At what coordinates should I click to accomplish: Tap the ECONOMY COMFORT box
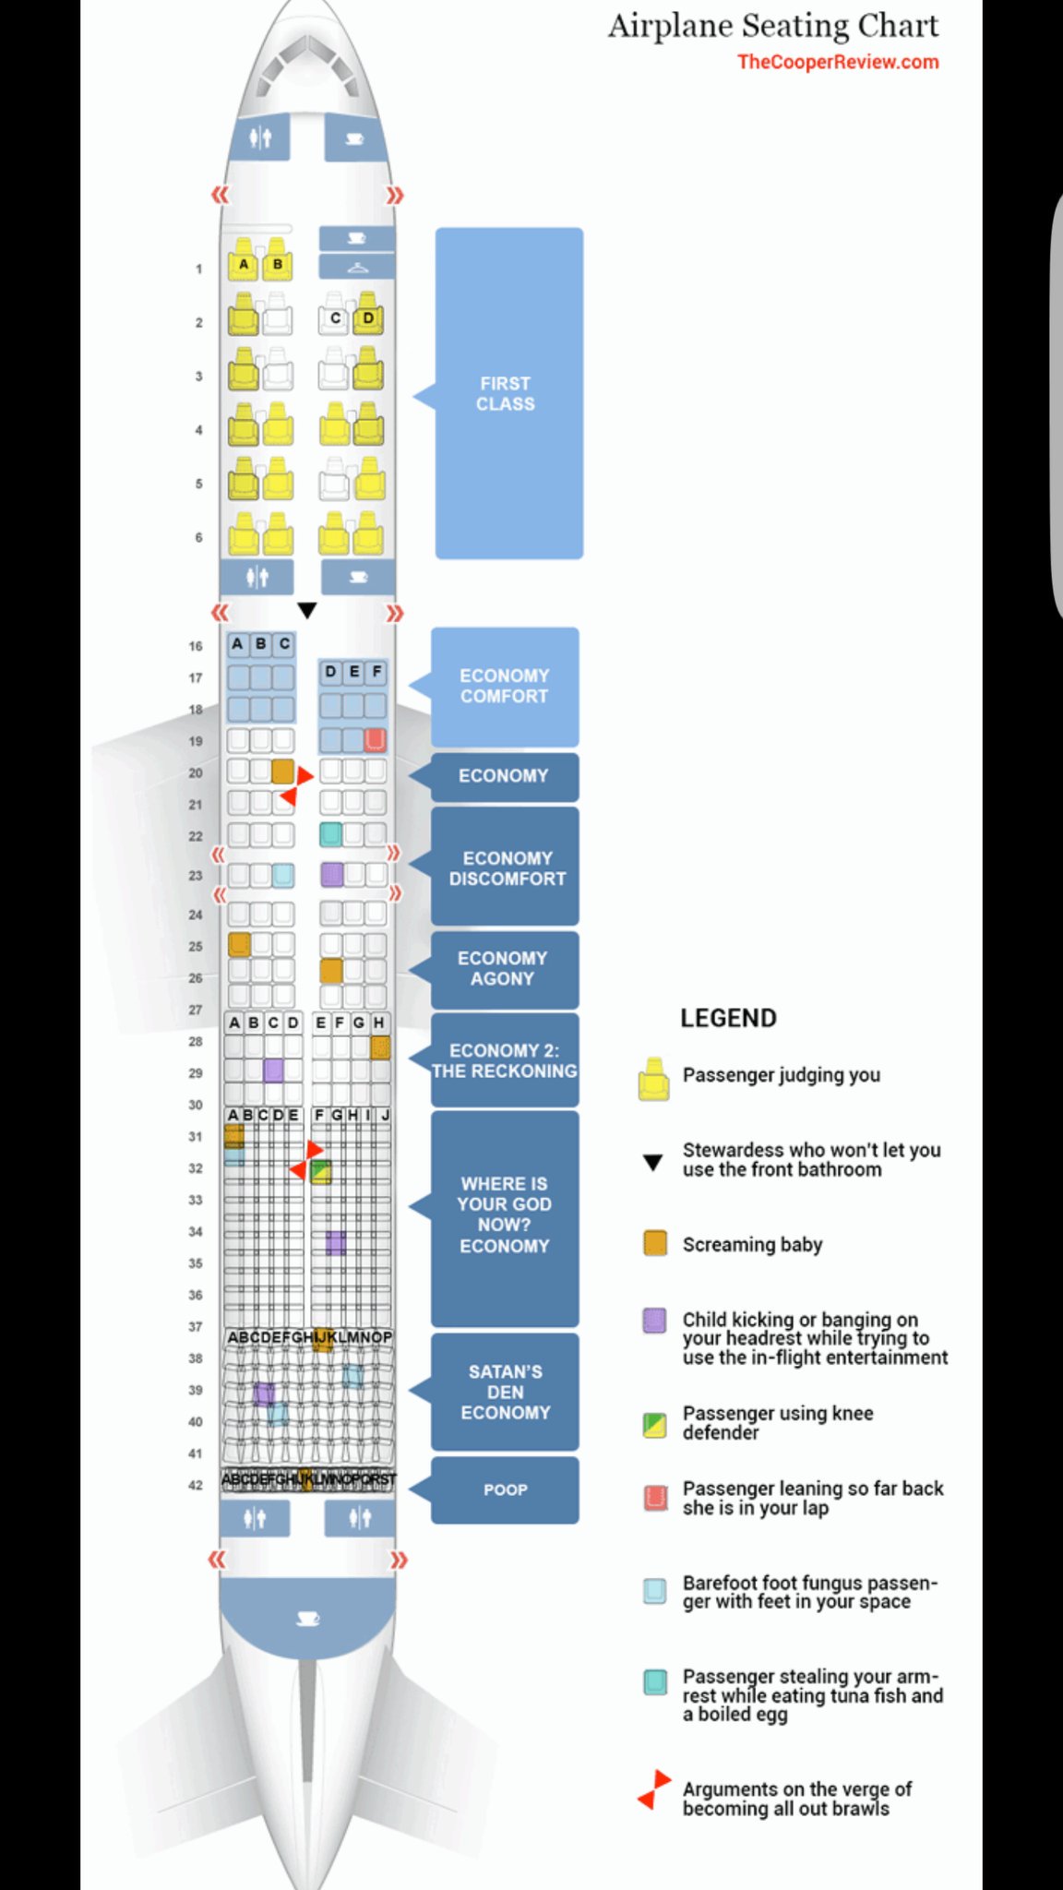coord(504,687)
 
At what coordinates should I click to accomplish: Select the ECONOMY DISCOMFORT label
coord(507,867)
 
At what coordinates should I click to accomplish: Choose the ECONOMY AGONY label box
coord(503,969)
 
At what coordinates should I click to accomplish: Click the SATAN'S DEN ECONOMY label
coord(505,1392)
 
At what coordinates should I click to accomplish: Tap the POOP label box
coord(505,1489)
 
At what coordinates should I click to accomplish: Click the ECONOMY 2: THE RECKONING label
coord(504,1060)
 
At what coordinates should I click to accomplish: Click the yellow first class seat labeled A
coord(244,264)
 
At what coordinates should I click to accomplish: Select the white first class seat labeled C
coord(334,318)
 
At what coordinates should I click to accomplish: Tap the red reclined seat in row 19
coord(375,740)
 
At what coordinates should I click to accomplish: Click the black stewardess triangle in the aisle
coord(307,610)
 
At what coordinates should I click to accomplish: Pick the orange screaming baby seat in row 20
coord(282,772)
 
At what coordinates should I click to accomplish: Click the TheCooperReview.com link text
coord(838,62)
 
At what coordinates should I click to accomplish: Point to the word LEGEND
coord(728,1018)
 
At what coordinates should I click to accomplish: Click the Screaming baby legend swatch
coord(655,1243)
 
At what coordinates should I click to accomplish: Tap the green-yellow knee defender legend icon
coord(655,1425)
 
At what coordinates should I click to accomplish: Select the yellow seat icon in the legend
coord(653,1079)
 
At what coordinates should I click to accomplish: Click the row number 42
coord(196,1485)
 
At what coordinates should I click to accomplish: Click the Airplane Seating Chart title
coord(773,26)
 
